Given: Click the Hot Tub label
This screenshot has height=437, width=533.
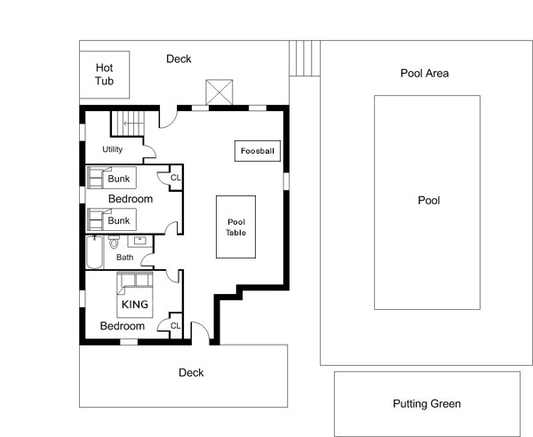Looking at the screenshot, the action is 104,74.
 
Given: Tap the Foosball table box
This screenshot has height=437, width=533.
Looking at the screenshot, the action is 258,151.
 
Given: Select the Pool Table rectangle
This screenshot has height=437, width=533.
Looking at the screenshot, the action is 236,227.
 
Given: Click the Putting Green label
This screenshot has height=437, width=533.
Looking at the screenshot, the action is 427,404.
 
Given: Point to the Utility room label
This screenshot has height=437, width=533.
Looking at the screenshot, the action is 113,149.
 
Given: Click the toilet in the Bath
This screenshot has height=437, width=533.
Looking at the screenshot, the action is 114,242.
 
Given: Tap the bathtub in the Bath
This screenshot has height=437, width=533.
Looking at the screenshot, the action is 94,251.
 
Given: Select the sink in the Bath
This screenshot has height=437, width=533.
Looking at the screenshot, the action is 140,241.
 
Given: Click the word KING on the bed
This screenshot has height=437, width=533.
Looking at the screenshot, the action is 135,304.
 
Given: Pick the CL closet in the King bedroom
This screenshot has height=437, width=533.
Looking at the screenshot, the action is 176,326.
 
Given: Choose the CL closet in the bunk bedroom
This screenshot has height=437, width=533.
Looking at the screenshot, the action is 176,178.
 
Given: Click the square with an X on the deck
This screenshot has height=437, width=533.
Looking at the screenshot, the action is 219,92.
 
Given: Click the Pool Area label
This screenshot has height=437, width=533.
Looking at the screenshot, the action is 425,73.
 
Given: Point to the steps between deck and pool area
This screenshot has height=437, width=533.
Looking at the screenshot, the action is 305,58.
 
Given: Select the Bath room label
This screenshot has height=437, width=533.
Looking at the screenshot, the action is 124,258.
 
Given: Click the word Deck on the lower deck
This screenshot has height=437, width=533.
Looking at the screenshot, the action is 191,373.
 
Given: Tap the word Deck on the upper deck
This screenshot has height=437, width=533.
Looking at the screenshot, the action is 179,59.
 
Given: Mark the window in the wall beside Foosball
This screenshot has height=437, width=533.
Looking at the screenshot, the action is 286,181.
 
